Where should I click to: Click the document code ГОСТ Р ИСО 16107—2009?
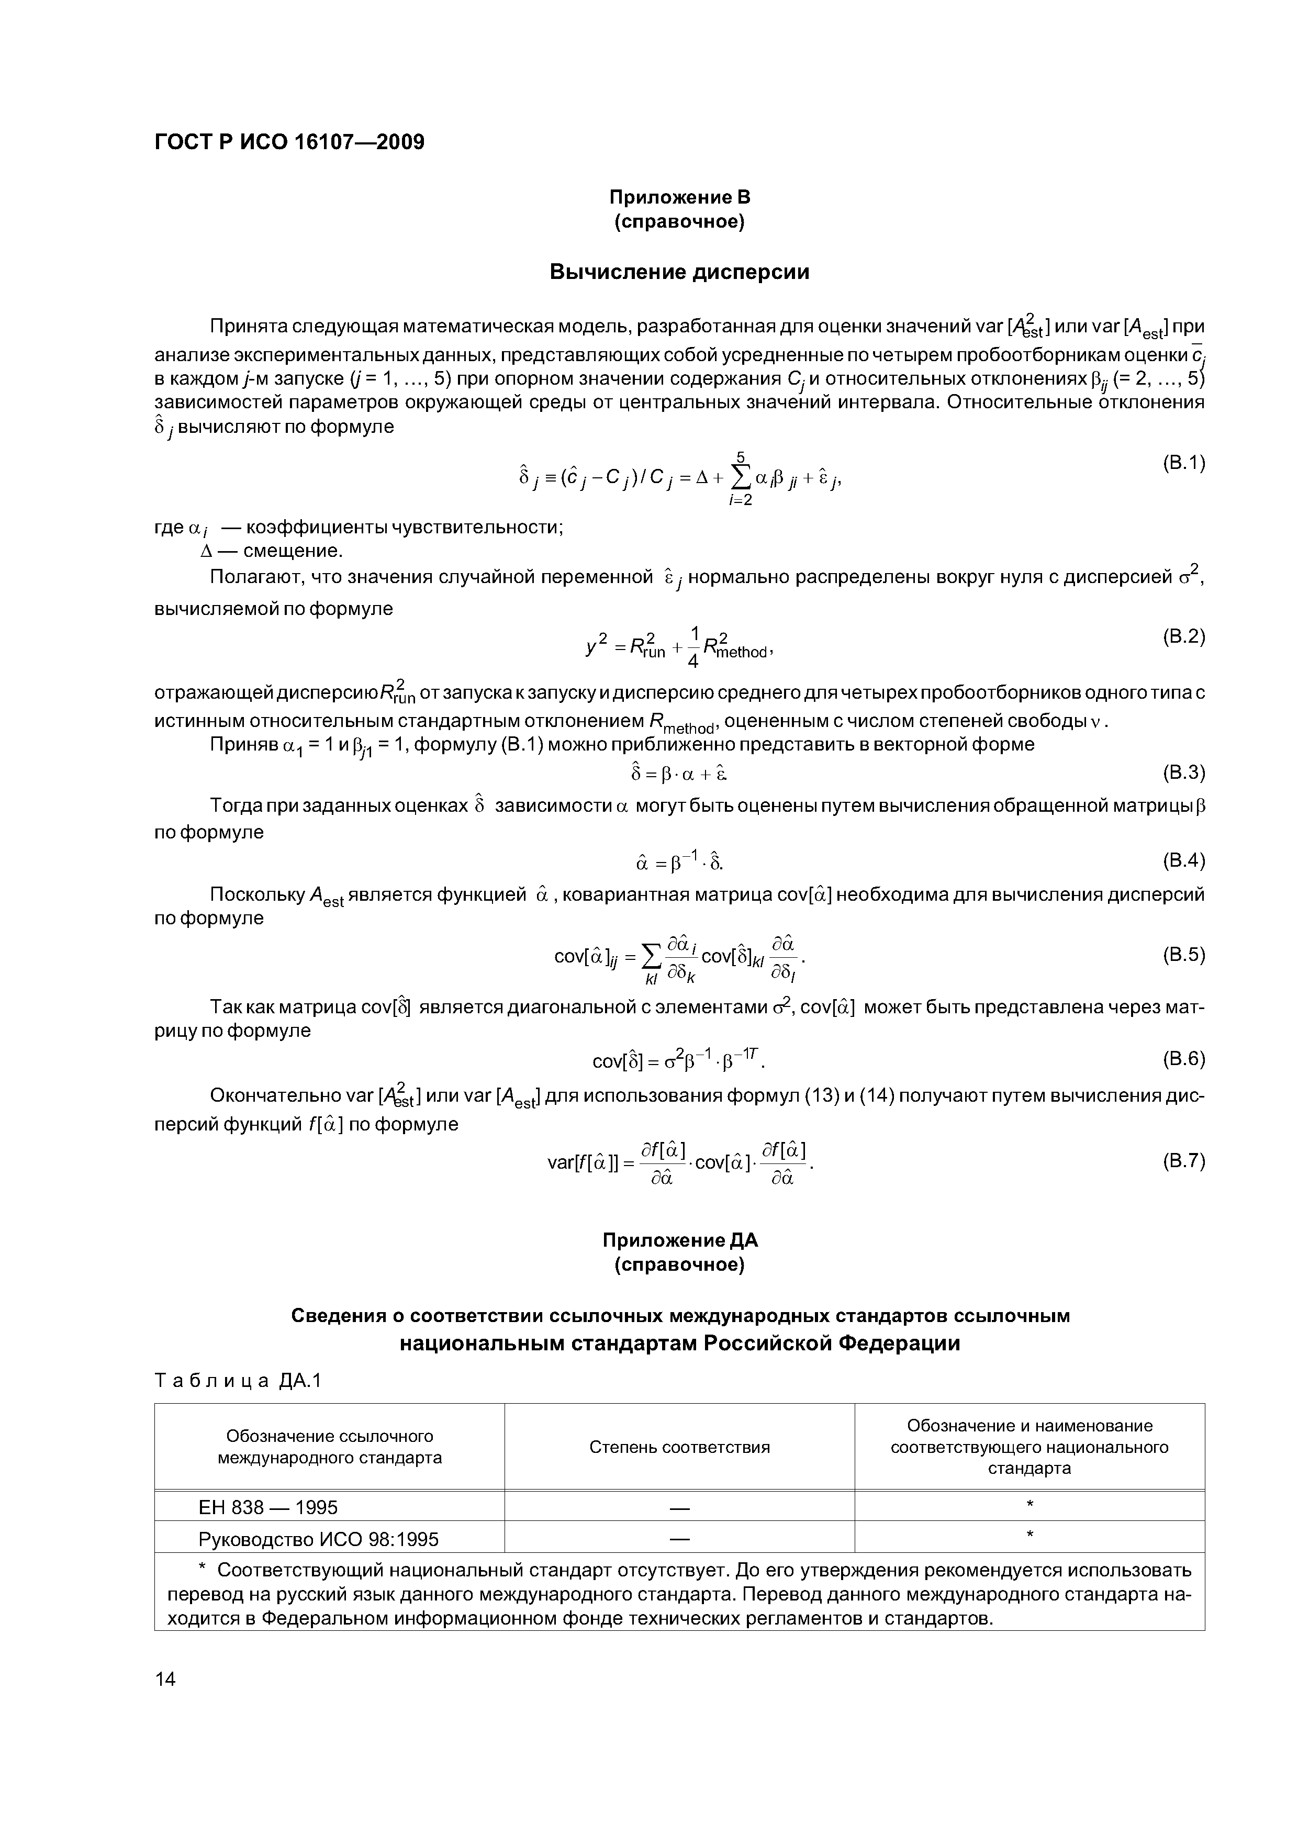tap(289, 142)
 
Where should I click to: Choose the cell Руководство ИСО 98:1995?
tap(318, 1539)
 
